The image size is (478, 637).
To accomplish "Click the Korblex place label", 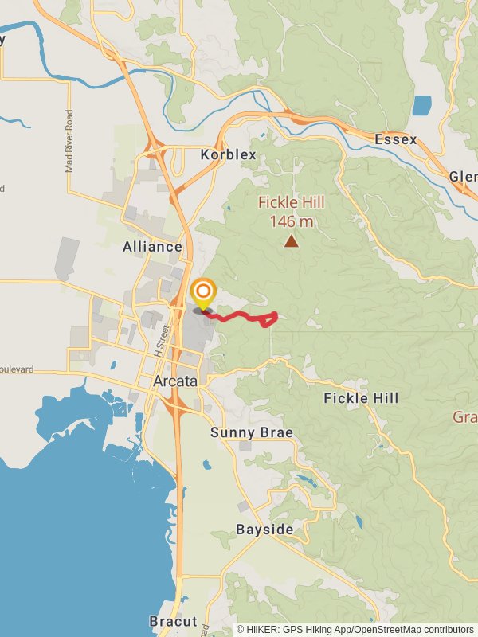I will click(x=229, y=154).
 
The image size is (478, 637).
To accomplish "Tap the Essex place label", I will click(x=396, y=139).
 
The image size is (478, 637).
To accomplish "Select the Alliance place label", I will click(x=152, y=247).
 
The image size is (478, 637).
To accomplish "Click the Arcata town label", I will click(x=174, y=381).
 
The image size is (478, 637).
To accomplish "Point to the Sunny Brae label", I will click(x=252, y=432).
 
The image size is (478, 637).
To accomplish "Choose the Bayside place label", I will click(x=264, y=530).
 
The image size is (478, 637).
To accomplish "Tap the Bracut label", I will click(x=172, y=621).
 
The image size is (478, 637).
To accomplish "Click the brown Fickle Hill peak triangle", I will click(x=292, y=241).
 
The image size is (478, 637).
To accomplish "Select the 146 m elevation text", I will click(x=292, y=221).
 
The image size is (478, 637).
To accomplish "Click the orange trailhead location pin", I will click(x=203, y=293).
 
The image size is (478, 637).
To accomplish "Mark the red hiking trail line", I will click(x=239, y=317).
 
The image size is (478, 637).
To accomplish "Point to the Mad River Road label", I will click(x=69, y=142).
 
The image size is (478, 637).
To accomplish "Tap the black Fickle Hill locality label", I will click(x=361, y=397).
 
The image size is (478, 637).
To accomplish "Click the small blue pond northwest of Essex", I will click(x=421, y=105).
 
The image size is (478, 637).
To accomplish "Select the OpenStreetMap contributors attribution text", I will click(x=413, y=629).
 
